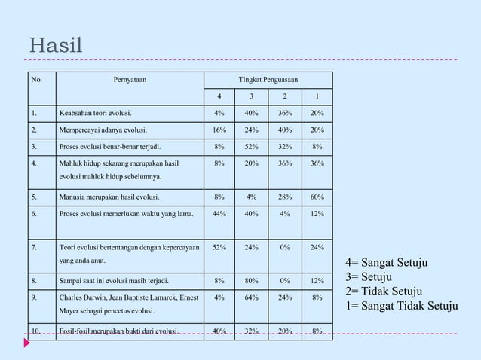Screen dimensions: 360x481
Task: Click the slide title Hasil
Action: [x=55, y=45]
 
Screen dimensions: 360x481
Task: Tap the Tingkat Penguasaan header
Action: [x=268, y=79]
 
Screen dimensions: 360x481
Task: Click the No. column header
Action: [x=36, y=79]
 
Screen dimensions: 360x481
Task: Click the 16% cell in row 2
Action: [x=219, y=130]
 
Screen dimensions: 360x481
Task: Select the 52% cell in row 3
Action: [x=251, y=147]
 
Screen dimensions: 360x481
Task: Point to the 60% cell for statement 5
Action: [x=317, y=197]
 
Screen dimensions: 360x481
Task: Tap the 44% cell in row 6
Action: [x=219, y=214]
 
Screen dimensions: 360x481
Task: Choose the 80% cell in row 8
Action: [x=251, y=281]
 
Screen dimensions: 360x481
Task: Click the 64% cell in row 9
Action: [x=251, y=297]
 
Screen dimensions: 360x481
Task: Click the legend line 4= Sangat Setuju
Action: [x=386, y=263]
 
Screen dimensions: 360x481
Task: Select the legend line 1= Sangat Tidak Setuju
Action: [x=401, y=306]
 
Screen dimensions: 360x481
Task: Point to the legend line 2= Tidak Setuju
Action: [x=384, y=291]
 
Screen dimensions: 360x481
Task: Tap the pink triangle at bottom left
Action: [x=27, y=343]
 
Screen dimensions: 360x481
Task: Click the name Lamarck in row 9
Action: [x=167, y=297]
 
